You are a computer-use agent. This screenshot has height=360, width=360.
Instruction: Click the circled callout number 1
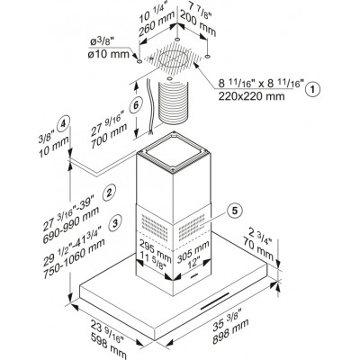(313, 89)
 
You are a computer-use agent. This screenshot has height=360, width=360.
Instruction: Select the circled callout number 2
(109, 192)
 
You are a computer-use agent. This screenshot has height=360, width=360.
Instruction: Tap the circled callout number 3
(116, 223)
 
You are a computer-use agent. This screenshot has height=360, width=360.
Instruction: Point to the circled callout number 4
(63, 123)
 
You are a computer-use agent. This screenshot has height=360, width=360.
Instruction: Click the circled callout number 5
(234, 211)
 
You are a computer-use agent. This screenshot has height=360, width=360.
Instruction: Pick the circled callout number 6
(136, 105)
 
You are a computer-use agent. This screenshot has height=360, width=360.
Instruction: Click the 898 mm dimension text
(230, 331)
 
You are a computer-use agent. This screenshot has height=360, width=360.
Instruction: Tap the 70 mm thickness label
(258, 248)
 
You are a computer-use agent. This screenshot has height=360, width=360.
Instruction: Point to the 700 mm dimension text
(108, 136)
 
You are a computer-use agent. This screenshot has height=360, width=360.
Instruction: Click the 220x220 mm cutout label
(251, 96)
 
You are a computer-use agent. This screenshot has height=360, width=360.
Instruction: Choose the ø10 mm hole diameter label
(109, 54)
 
